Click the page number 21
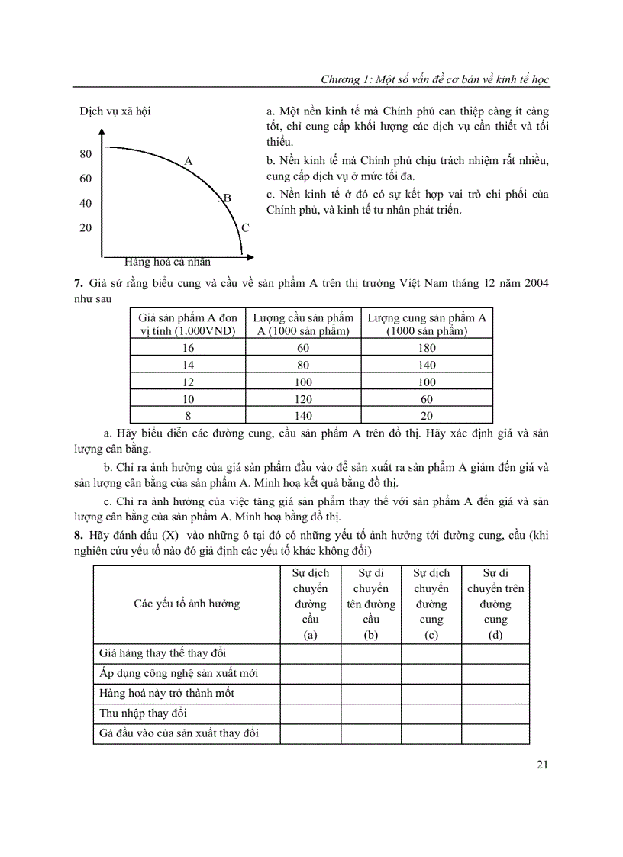pyautogui.click(x=543, y=765)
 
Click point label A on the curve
pyautogui.click(x=188, y=161)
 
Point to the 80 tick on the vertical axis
pyautogui.click(x=86, y=154)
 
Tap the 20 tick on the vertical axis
pyautogui.click(x=86, y=227)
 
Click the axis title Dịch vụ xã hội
pyautogui.click(x=115, y=111)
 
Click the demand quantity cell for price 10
pyautogui.click(x=303, y=399)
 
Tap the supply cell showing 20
pyautogui.click(x=427, y=416)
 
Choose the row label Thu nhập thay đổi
pyautogui.click(x=143, y=713)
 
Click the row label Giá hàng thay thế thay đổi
pyautogui.click(x=163, y=653)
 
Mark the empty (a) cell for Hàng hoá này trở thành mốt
pyautogui.click(x=310, y=693)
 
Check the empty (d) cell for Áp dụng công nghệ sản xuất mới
pyautogui.click(x=495, y=673)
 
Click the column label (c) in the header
pyautogui.click(x=431, y=635)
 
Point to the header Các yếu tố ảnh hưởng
pyautogui.click(x=186, y=604)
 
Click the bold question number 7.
pyautogui.click(x=78, y=283)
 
